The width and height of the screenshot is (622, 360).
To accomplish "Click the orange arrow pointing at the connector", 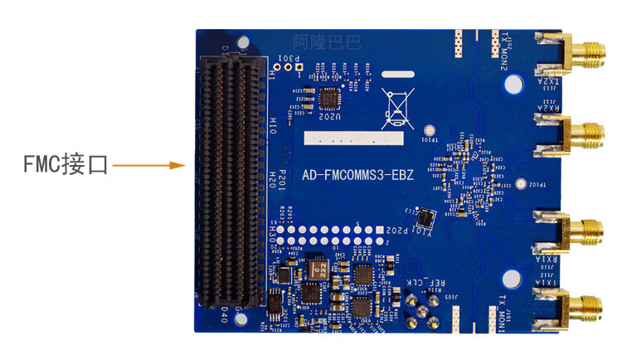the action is tap(148, 166).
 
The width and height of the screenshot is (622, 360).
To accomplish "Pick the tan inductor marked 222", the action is tap(316, 270).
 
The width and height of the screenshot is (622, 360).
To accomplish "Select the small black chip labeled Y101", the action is tap(425, 218).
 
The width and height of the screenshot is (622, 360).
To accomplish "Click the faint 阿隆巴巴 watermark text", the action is tap(327, 41).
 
